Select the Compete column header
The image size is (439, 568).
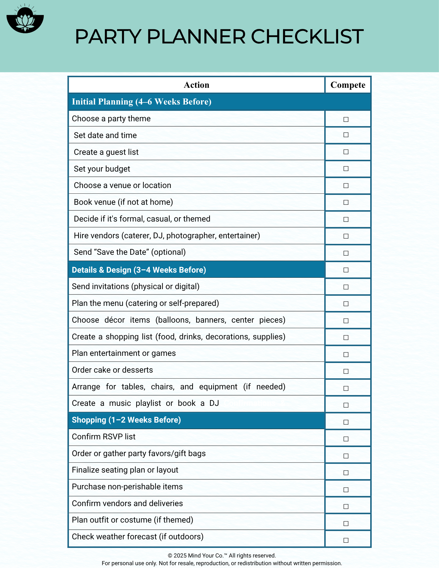(348, 85)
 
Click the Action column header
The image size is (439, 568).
(196, 85)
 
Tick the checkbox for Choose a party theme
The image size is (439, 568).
(346, 119)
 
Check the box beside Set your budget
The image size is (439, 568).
(346, 169)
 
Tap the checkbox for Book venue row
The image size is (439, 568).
(346, 202)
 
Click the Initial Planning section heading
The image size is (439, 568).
(142, 102)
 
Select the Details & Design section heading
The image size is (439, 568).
(139, 270)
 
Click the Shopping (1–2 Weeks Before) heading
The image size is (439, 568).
(126, 420)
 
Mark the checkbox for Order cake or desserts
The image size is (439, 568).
(346, 371)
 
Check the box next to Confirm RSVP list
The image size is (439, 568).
(346, 439)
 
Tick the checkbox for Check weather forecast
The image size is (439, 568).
(346, 540)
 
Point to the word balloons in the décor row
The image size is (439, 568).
(174, 320)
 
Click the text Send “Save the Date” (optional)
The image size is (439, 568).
(130, 252)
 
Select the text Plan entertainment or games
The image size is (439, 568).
(124, 353)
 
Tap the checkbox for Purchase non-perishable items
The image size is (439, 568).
(346, 490)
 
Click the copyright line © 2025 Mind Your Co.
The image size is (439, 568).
(222, 556)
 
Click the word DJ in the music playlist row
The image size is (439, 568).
(214, 403)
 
